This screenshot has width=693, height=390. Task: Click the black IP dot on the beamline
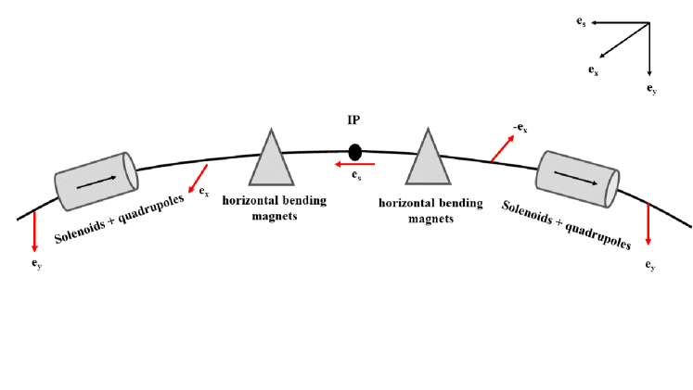click(354, 151)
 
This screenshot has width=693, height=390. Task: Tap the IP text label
click(354, 121)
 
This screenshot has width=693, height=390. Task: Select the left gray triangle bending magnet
click(271, 159)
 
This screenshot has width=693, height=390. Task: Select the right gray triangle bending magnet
click(428, 159)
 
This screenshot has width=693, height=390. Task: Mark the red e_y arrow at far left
click(34, 231)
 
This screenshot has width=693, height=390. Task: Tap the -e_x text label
click(519, 129)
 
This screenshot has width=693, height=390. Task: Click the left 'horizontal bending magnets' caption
click(273, 210)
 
